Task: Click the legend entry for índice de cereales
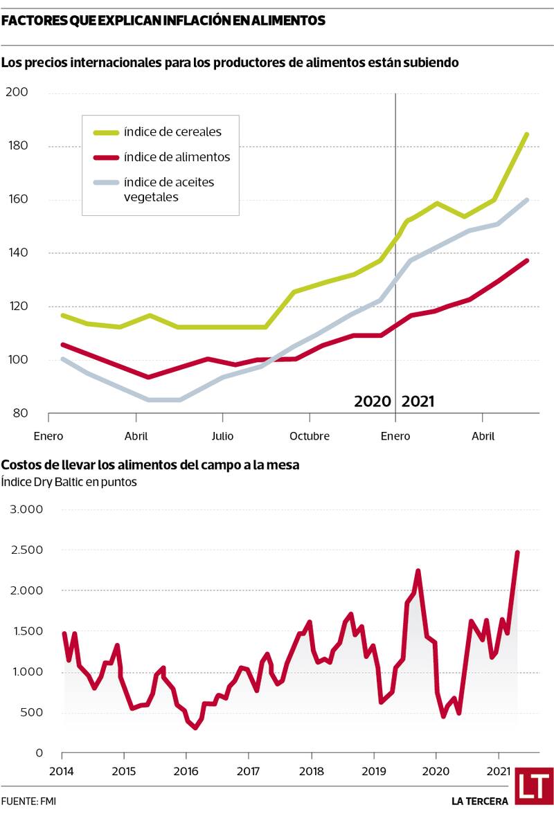[172, 132]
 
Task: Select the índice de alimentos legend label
[177, 157]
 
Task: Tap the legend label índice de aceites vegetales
[169, 189]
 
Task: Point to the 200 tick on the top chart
[17, 92]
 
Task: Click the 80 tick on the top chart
[20, 413]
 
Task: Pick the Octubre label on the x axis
[309, 436]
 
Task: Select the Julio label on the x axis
[222, 436]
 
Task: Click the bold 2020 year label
[373, 401]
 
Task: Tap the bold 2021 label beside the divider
[418, 401]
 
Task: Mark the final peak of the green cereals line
[526, 134]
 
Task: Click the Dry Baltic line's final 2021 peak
[517, 552]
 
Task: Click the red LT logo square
[534, 786]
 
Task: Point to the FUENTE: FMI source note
[29, 801]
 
